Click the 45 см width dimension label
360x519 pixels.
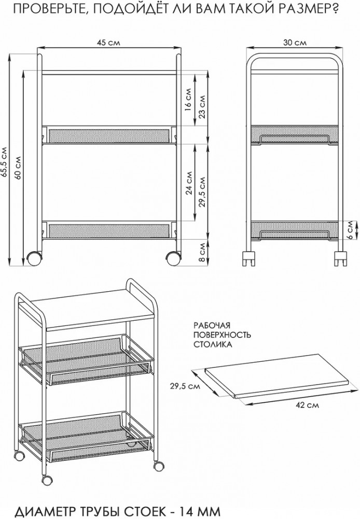click(x=108, y=43)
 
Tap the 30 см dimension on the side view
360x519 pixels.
click(x=295, y=43)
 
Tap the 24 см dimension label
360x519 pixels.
click(x=189, y=183)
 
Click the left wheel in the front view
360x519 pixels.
click(x=34, y=258)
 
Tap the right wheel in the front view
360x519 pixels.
click(x=173, y=258)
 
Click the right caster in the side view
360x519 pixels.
click(x=340, y=258)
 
